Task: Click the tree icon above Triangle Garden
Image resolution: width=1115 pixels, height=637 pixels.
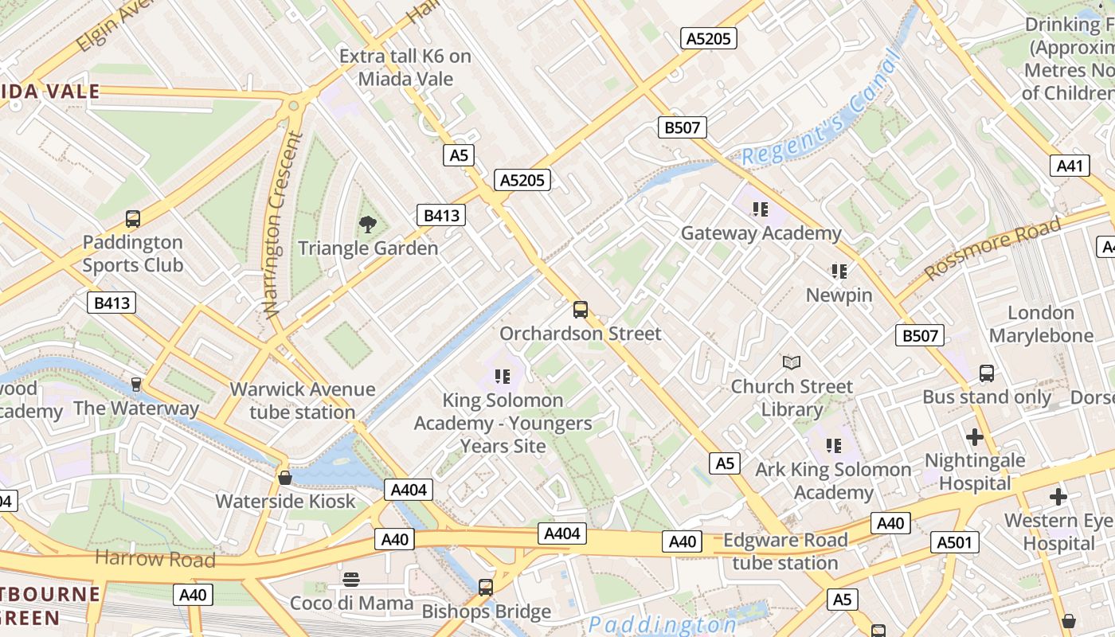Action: click(367, 225)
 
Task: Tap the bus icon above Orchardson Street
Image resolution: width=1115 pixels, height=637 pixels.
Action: click(581, 310)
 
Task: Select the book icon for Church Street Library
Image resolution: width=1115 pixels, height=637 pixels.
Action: click(791, 363)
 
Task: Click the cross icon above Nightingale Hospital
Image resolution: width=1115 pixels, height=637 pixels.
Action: click(974, 437)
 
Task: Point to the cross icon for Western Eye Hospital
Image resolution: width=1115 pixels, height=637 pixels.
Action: click(1058, 498)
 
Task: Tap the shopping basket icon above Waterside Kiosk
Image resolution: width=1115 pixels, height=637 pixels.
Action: click(284, 478)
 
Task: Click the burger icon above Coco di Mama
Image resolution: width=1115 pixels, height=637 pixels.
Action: click(351, 579)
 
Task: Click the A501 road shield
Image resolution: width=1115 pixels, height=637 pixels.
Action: click(954, 543)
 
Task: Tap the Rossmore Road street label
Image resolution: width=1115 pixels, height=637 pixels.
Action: click(992, 248)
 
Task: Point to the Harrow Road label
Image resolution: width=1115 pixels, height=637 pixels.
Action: click(155, 559)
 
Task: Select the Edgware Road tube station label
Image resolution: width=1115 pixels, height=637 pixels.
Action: click(784, 551)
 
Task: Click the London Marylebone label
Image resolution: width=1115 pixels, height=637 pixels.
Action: click(1041, 324)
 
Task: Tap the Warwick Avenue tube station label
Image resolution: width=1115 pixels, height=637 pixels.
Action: click(302, 401)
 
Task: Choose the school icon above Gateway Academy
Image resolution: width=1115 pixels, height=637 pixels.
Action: click(760, 209)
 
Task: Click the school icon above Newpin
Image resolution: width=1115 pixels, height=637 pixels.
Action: click(839, 272)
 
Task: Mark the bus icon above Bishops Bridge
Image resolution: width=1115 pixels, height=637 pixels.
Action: click(486, 588)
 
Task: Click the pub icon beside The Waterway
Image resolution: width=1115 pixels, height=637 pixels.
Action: click(136, 385)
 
